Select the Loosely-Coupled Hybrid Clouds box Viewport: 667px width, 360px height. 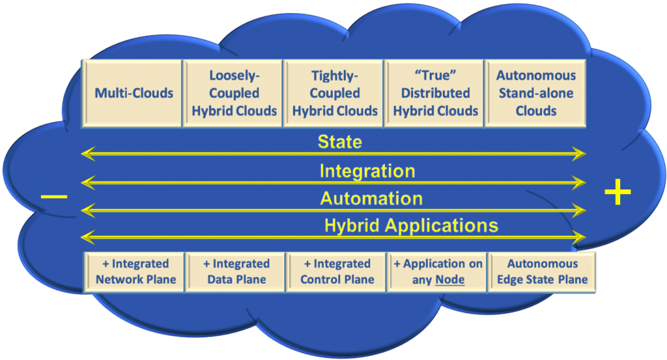point(234,93)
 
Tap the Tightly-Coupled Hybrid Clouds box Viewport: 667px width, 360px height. point(335,93)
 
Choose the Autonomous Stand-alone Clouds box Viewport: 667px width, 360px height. point(535,93)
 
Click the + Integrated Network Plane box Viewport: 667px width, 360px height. point(135,271)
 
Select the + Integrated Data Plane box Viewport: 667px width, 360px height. point(236,271)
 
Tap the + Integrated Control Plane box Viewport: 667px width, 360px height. point(337,271)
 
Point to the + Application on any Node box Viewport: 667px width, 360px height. point(438,271)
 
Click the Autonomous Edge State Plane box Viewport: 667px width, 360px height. point(542,271)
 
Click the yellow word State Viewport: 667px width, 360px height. point(339,142)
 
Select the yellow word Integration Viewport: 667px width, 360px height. point(367,171)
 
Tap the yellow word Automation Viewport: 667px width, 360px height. point(371,198)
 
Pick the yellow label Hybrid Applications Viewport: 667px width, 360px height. point(411,226)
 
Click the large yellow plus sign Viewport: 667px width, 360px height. point(617,193)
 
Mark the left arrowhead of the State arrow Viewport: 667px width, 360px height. point(85,154)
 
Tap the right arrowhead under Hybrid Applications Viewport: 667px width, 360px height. point(581,238)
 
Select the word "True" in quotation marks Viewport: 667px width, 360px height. point(435,76)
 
